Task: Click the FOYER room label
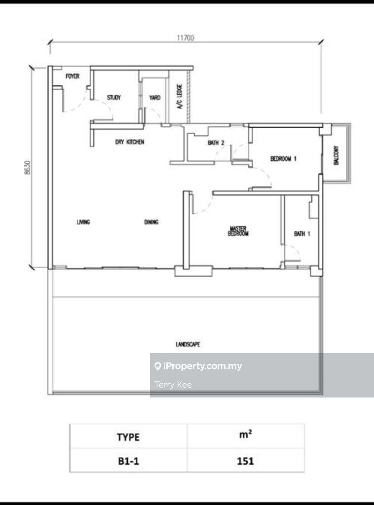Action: [73, 76]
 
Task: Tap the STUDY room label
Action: [113, 97]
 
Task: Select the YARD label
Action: [154, 97]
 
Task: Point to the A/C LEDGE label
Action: [180, 96]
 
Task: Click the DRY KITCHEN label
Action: [129, 142]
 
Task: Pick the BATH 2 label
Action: [216, 143]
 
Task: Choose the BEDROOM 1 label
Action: [283, 158]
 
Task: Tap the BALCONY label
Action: [337, 155]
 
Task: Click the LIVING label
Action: [83, 222]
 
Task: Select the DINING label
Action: [151, 222]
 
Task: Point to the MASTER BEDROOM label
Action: [238, 231]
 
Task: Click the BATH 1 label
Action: [302, 233]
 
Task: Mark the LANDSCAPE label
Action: [188, 344]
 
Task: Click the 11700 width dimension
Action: [186, 37]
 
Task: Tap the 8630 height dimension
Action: [28, 168]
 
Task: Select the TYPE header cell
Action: [128, 437]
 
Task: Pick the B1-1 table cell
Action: [129, 461]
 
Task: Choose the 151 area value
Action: [245, 461]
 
